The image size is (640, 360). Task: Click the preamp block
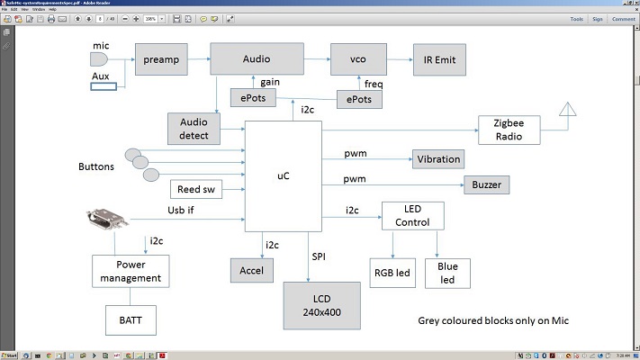click(159, 59)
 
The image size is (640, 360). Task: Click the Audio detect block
click(194, 129)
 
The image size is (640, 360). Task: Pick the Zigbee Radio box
click(509, 129)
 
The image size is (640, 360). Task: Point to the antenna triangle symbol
click(567, 111)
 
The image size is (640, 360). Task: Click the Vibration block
click(437, 159)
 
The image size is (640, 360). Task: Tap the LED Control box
click(413, 215)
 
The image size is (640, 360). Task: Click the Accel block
click(249, 269)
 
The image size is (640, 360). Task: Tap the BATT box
click(124, 319)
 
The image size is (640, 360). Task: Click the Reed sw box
click(195, 189)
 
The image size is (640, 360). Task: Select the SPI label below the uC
click(320, 257)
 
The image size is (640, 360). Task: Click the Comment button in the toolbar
click(622, 18)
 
